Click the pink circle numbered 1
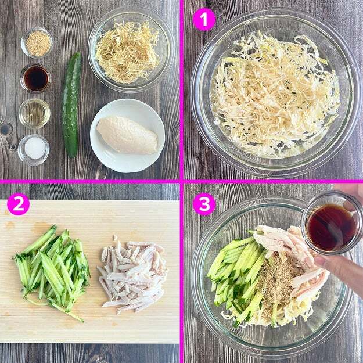(x=204, y=19)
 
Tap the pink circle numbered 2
(x=18, y=204)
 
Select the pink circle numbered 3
(x=204, y=204)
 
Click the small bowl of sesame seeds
(x=37, y=42)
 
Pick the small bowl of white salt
(x=34, y=149)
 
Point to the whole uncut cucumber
(x=72, y=105)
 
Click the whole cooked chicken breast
(x=127, y=135)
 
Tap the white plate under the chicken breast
(x=127, y=136)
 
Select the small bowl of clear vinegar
(x=34, y=113)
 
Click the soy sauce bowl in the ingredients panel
(x=35, y=78)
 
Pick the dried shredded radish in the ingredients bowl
(x=128, y=52)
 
